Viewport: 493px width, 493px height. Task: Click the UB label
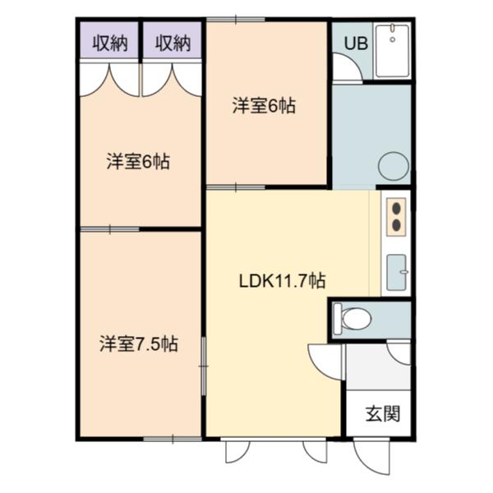pyautogui.click(x=356, y=43)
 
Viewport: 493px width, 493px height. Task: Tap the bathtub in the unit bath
pyautogui.click(x=393, y=51)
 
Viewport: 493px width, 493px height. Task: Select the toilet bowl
pyautogui.click(x=357, y=319)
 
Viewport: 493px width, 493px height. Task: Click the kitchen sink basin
pyautogui.click(x=396, y=272)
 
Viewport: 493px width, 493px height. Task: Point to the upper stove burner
pyautogui.click(x=397, y=209)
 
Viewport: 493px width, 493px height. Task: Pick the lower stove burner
pyautogui.click(x=397, y=225)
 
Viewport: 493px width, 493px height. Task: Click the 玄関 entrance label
pyautogui.click(x=383, y=413)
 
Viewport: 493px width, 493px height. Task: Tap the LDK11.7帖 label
pyautogui.click(x=282, y=281)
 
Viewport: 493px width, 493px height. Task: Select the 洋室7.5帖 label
pyautogui.click(x=139, y=344)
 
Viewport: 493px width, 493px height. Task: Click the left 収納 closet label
pyautogui.click(x=110, y=43)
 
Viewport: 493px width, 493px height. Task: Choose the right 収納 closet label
pyautogui.click(x=173, y=43)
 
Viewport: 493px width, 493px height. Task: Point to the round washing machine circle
pyautogui.click(x=394, y=166)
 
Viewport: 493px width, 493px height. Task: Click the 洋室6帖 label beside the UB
pyautogui.click(x=264, y=106)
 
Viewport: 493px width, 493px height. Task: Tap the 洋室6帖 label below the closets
pyautogui.click(x=138, y=162)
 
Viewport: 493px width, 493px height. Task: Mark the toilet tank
pyautogui.click(x=338, y=319)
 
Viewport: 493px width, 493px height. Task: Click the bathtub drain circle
pyautogui.click(x=393, y=39)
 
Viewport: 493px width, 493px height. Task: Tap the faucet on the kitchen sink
pyautogui.click(x=403, y=272)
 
